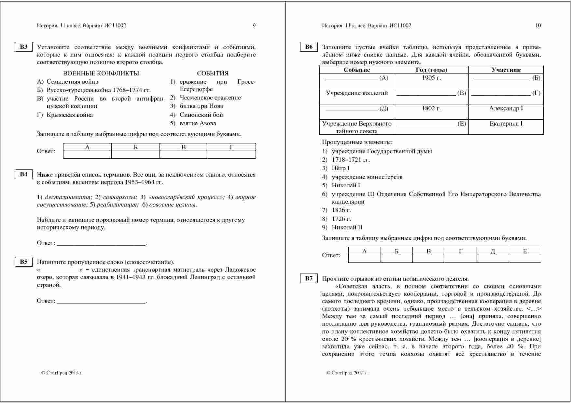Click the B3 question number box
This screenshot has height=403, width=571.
(x=24, y=47)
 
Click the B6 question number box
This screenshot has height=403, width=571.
(x=309, y=47)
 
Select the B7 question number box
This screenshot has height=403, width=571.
(x=309, y=278)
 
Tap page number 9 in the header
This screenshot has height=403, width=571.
(x=254, y=25)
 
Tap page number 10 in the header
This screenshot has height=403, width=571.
(x=538, y=25)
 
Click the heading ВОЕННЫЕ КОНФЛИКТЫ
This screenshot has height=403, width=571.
(x=101, y=73)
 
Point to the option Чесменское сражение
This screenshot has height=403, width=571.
(x=210, y=98)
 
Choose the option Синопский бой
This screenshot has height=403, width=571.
(x=201, y=114)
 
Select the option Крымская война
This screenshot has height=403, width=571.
(x=70, y=115)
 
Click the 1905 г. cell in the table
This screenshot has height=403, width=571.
(x=431, y=78)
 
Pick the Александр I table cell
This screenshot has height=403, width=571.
(x=506, y=108)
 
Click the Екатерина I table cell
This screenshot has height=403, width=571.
(x=506, y=124)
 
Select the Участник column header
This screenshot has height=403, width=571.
(x=506, y=70)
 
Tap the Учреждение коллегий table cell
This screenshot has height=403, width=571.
(x=357, y=93)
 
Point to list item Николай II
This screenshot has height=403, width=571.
(x=347, y=227)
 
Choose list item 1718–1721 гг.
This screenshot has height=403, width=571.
(x=351, y=160)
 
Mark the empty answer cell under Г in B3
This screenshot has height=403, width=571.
(x=231, y=155)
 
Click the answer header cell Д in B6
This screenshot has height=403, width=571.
(x=493, y=251)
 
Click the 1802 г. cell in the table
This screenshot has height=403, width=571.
(x=431, y=108)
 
